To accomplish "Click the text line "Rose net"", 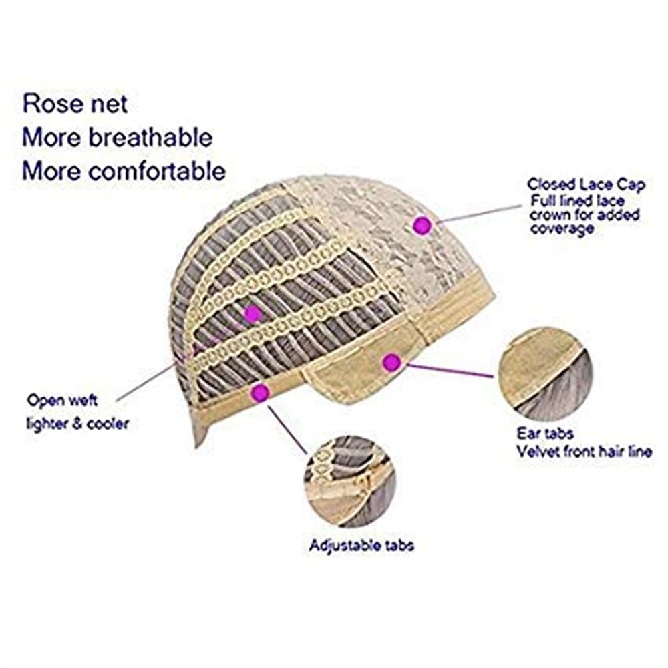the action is (75, 104).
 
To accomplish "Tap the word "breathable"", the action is (150, 137).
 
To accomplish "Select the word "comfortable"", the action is (157, 171).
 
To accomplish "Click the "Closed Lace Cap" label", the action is (587, 184).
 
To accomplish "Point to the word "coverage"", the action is (562, 228).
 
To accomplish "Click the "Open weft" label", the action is (62, 400).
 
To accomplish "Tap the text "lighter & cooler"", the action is (77, 424).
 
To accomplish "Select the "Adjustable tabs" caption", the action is (361, 546).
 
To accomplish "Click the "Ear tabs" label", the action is (545, 434).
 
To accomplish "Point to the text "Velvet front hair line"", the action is (584, 451).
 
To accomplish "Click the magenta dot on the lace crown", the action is (422, 224).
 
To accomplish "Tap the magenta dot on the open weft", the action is (253, 314).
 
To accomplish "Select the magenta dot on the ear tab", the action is (392, 363).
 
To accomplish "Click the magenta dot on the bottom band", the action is (261, 392).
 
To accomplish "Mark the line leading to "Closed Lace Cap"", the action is (479, 214).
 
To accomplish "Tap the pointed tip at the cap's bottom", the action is (196, 446).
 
